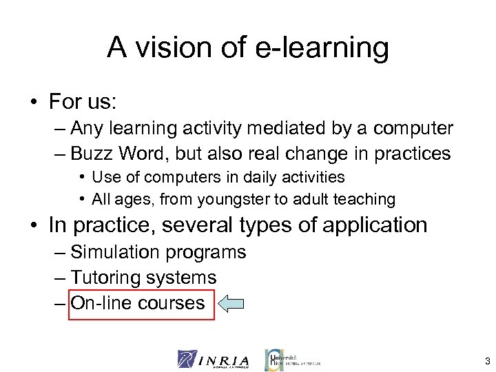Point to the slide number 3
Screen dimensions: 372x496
click(487, 360)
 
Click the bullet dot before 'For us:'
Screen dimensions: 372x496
click(32, 103)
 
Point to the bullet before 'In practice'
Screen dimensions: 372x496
click(32, 225)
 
